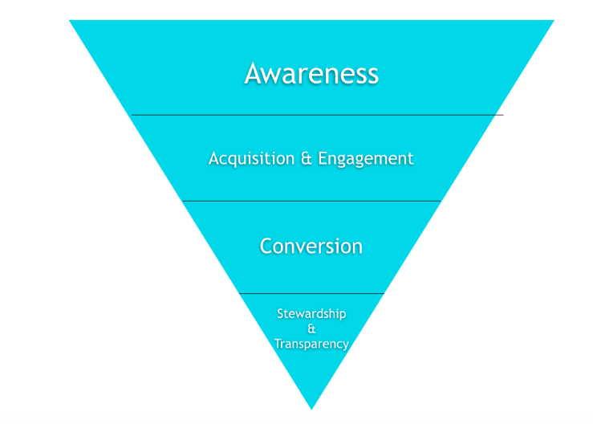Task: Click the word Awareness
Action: [311, 74]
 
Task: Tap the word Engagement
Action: [366, 159]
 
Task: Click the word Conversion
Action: [311, 246]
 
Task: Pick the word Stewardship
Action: [311, 314]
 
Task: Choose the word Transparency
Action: [311, 344]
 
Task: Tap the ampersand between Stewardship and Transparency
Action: [311, 329]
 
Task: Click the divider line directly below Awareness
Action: [317, 115]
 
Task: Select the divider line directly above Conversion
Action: [311, 201]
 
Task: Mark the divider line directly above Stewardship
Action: [311, 293]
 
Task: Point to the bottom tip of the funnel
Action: [311, 407]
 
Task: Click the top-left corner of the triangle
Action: [71, 22]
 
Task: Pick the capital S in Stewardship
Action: [281, 314]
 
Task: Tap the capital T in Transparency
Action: [278, 344]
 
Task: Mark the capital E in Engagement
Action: [323, 159]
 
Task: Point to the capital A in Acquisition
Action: [213, 159]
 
